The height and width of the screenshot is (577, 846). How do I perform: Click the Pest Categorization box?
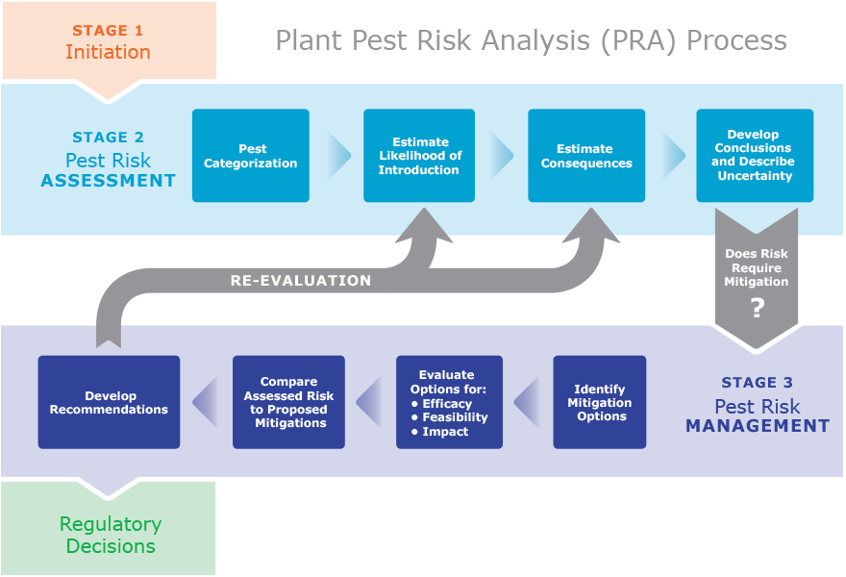[250, 156]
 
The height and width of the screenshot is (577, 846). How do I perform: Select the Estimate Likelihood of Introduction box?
[418, 156]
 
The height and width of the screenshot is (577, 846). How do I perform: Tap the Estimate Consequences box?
[586, 156]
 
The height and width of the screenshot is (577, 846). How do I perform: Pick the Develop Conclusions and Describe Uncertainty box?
[755, 156]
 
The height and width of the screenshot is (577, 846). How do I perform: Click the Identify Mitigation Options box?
[600, 402]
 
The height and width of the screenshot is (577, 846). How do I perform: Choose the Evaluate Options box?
[449, 402]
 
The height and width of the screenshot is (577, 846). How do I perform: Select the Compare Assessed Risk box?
[288, 402]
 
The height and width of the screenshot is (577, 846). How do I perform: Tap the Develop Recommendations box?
[109, 402]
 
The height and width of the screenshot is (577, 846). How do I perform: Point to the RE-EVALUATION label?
[300, 281]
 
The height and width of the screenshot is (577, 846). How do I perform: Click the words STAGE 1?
[108, 31]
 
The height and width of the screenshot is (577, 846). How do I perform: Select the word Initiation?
[108, 53]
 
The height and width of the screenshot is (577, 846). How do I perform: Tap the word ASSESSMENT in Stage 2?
[108, 180]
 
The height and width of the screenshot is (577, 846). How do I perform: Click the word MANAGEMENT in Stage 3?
[758, 426]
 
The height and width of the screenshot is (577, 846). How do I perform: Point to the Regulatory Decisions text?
[108, 535]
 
